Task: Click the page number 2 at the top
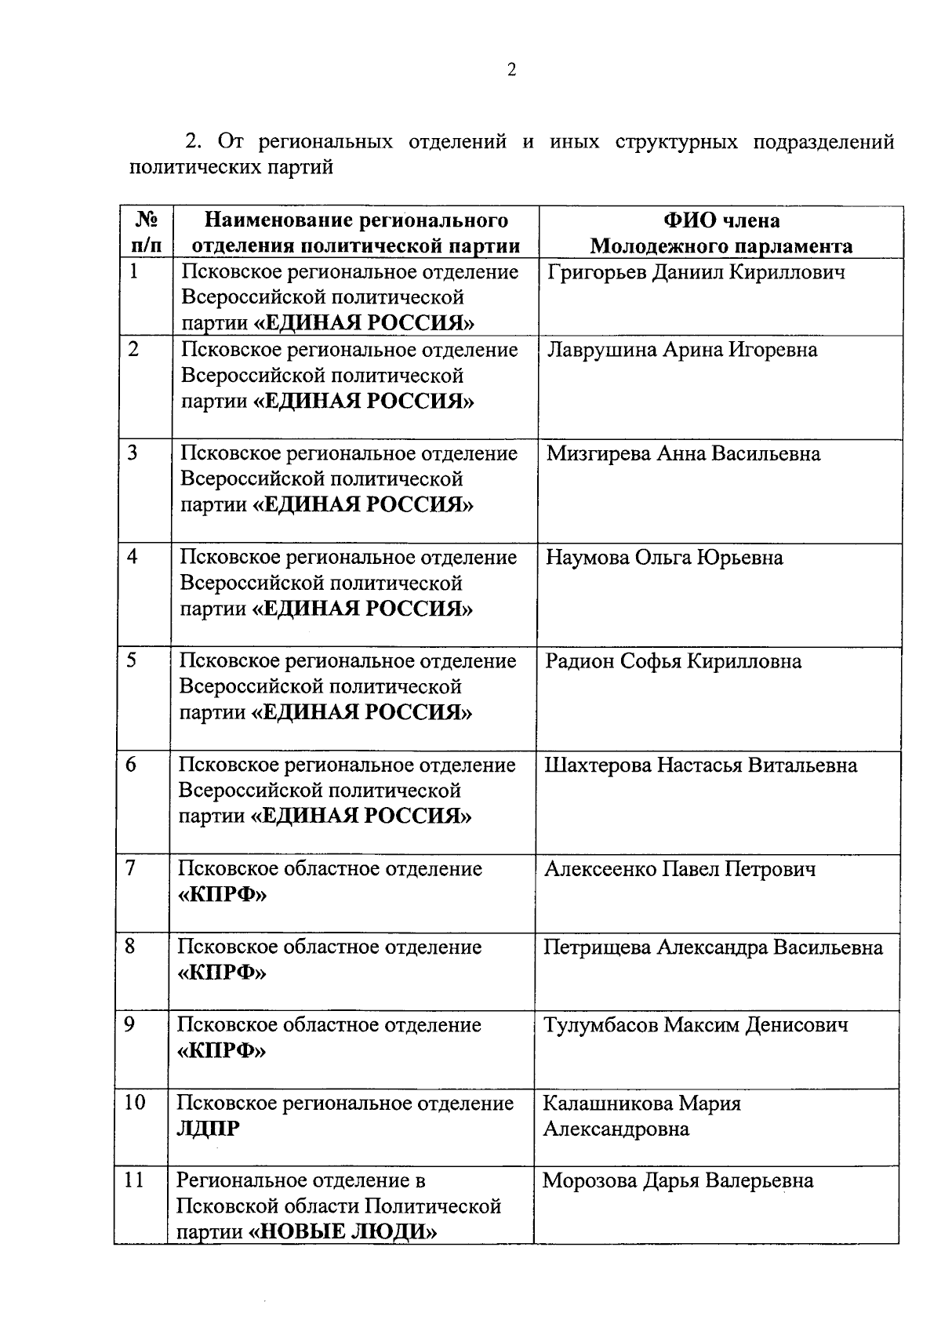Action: coord(512,71)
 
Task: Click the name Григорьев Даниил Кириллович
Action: coord(696,272)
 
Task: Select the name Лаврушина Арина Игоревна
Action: coord(681,350)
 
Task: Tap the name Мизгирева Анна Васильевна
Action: coord(683,453)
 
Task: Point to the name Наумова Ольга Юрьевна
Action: coord(664,558)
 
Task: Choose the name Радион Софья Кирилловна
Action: coord(673,661)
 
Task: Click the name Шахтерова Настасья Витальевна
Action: coord(700,765)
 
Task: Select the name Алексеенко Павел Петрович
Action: coord(680,868)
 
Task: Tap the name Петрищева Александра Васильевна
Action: coord(713,947)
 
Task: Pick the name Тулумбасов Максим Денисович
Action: coord(696,1024)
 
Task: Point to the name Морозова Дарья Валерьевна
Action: coord(678,1180)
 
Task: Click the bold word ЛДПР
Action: coord(209,1129)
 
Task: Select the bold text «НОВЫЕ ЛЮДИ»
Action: coord(343,1231)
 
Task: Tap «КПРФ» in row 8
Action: coord(222,973)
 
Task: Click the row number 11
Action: coord(134,1180)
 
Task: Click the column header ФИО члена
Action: coord(721,220)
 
